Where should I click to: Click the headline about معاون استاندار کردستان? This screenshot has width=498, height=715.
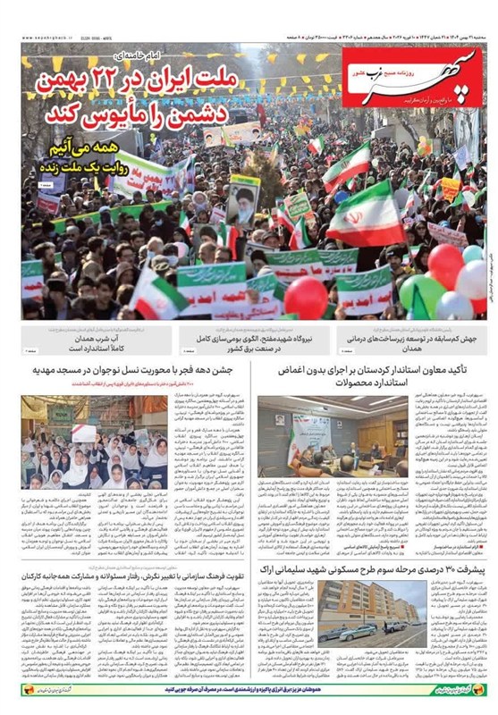tap(376, 375)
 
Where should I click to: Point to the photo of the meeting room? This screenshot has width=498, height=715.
tap(314, 439)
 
